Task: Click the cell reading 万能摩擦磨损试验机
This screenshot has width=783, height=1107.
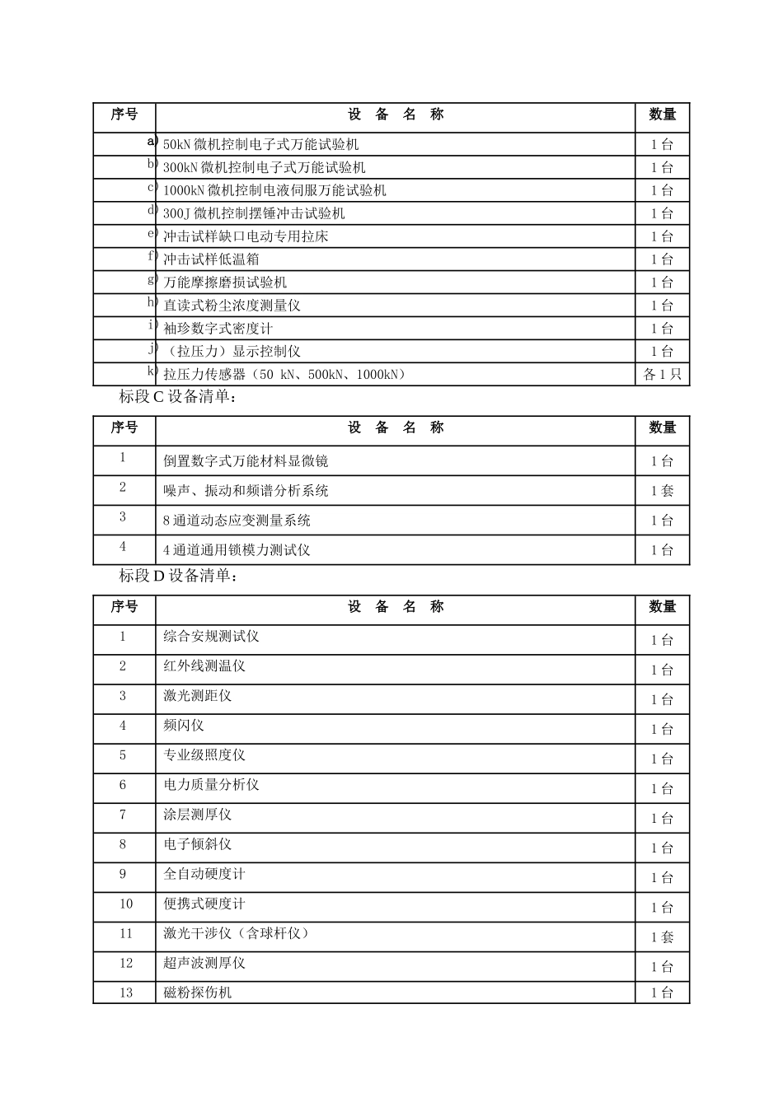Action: click(225, 283)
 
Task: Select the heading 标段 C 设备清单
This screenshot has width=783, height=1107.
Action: click(178, 397)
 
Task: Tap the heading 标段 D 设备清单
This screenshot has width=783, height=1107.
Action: click(178, 576)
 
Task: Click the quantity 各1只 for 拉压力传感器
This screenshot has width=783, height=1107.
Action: click(662, 374)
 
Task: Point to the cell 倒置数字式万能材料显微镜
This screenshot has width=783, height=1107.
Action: click(246, 461)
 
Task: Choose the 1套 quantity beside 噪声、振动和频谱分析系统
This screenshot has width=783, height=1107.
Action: click(662, 491)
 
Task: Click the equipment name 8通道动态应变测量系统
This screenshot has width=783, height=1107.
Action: click(237, 521)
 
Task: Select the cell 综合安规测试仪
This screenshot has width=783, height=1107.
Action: click(211, 637)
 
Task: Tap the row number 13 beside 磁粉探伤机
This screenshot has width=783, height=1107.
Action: click(125, 993)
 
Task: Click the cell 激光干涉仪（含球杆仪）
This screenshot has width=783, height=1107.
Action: click(237, 933)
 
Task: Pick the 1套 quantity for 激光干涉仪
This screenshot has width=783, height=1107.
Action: click(662, 937)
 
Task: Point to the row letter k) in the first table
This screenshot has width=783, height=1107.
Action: click(152, 371)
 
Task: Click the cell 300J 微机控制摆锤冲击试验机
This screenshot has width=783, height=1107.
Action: click(254, 213)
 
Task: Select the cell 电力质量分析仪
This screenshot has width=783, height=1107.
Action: click(211, 785)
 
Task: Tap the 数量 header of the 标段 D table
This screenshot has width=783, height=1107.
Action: click(662, 607)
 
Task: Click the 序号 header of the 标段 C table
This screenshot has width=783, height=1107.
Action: click(124, 427)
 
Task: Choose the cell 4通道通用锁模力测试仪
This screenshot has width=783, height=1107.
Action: click(237, 550)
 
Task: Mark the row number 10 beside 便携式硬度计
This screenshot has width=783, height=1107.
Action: click(125, 904)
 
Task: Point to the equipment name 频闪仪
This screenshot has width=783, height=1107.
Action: click(184, 726)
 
